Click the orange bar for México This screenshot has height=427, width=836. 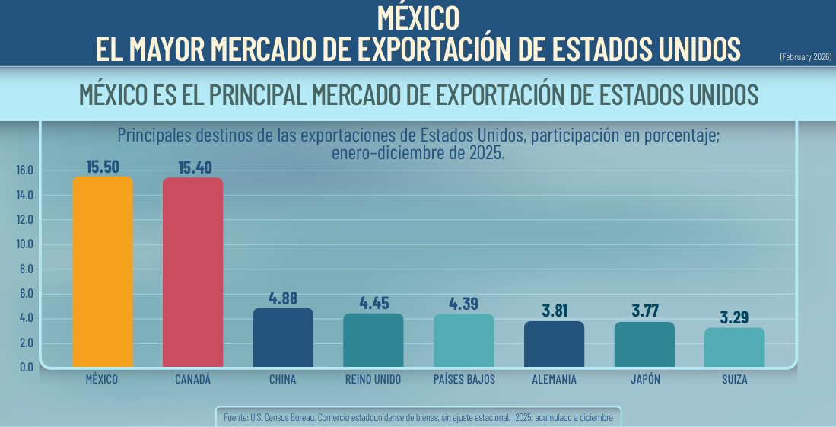point(102,272)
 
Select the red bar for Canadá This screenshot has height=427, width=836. point(192,272)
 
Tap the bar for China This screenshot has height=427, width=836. point(283,337)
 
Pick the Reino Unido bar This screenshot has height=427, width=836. point(373,340)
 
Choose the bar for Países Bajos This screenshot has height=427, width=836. point(463,340)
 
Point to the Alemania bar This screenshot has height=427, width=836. point(554,344)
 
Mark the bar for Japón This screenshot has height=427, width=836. point(644,344)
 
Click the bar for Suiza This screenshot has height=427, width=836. point(734,347)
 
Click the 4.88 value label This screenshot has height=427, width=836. point(284,298)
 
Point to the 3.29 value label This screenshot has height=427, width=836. point(735,318)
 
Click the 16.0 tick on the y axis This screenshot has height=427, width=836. point(25,170)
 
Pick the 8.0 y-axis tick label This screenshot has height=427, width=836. point(27,269)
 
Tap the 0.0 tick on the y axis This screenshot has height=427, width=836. point(27,367)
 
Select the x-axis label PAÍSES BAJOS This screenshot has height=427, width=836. point(463,379)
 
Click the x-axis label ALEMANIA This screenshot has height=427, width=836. point(554,379)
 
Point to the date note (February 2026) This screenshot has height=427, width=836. point(806,57)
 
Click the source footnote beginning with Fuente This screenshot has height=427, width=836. point(418,417)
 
